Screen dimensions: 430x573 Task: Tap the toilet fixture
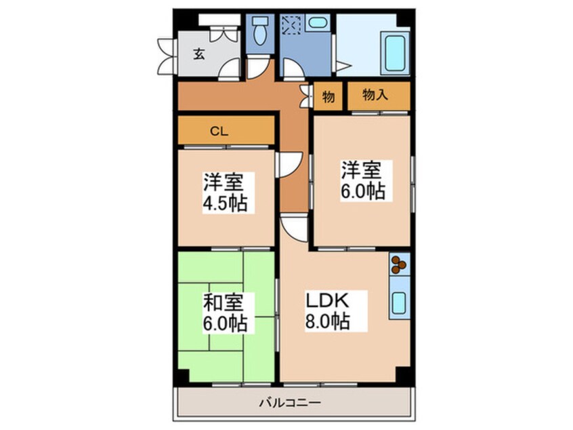258,31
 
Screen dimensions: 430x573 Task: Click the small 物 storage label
328,97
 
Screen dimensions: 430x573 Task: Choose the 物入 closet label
375,96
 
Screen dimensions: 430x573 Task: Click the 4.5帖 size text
224,202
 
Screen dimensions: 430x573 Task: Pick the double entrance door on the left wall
165,57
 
